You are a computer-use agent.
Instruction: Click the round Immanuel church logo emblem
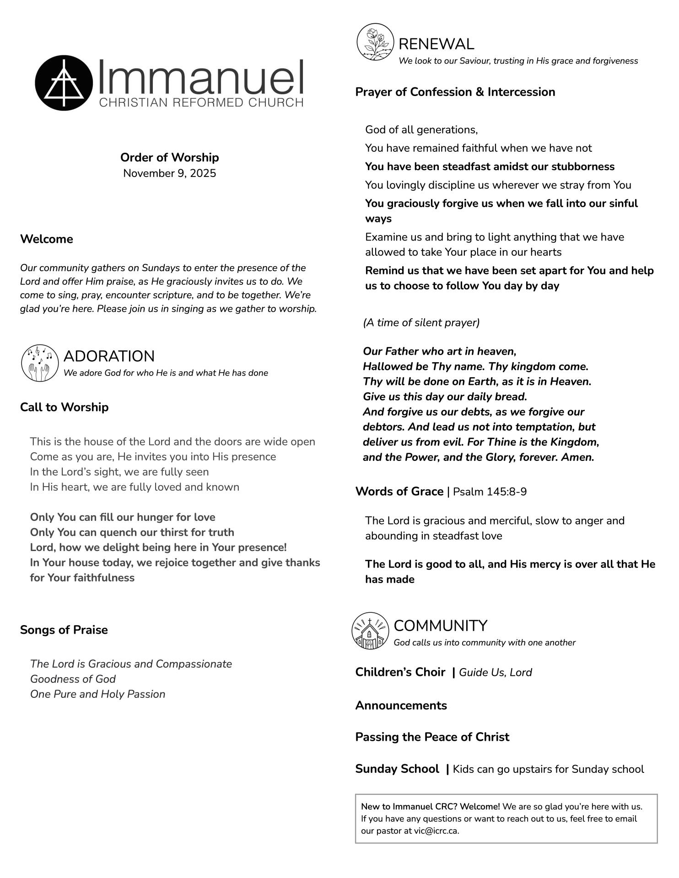click(64, 83)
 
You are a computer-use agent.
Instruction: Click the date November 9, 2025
click(169, 173)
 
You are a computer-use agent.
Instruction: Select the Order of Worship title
click(169, 157)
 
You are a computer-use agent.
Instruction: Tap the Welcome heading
click(46, 239)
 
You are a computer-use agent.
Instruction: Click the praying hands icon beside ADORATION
click(40, 363)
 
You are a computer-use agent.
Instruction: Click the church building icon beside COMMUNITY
click(370, 631)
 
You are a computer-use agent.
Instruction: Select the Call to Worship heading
click(64, 407)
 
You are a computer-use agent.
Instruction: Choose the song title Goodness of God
click(73, 679)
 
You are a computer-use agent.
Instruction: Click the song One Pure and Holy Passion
click(97, 694)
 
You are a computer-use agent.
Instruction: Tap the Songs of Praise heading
click(64, 630)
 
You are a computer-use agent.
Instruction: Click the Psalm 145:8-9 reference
click(490, 492)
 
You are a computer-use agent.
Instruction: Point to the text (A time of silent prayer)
click(421, 323)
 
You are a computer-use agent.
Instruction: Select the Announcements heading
click(401, 705)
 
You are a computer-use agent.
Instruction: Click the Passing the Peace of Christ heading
click(432, 737)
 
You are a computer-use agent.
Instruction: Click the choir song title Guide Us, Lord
click(495, 672)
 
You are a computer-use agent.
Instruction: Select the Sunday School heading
click(397, 769)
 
